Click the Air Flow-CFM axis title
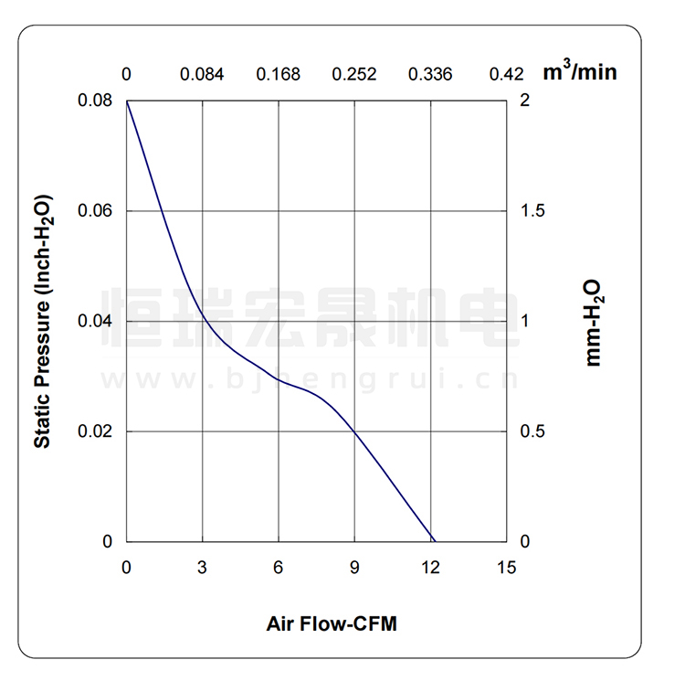[332, 625]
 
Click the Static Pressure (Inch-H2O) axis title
[42, 322]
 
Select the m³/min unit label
[580, 72]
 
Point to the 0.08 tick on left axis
[96, 101]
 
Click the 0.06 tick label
[96, 211]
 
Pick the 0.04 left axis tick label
[96, 322]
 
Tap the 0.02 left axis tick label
[96, 431]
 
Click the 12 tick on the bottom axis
[430, 568]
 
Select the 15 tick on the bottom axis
[507, 568]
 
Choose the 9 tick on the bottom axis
[354, 568]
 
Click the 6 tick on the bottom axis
[279, 568]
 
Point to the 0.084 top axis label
[202, 74]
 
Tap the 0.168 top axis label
[279, 74]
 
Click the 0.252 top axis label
[354, 74]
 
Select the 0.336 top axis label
[430, 74]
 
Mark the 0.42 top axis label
[507, 74]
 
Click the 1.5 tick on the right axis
[532, 211]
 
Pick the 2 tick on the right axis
[524, 101]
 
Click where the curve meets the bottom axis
[434, 541]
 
